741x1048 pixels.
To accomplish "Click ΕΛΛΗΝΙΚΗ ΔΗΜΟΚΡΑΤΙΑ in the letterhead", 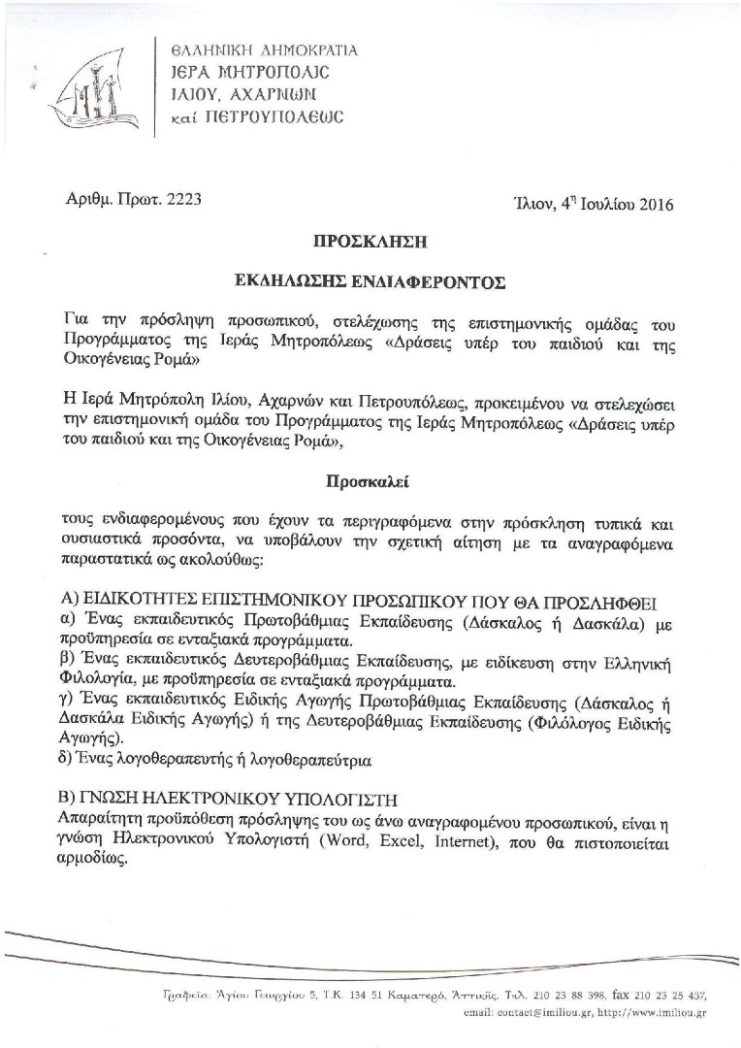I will pos(263,49).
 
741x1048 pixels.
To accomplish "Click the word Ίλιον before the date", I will pos(533,204).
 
